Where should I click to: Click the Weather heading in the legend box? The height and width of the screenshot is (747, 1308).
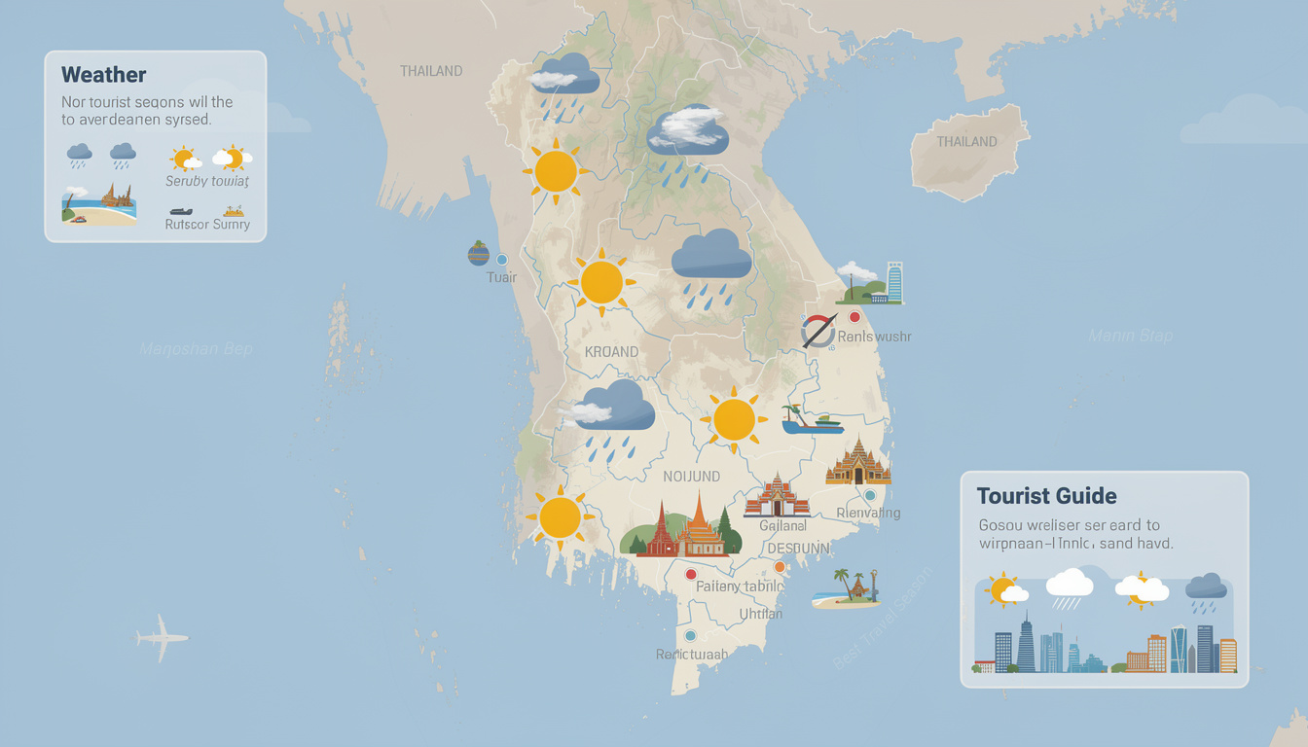point(103,75)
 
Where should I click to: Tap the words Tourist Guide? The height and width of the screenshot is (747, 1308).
point(1046,496)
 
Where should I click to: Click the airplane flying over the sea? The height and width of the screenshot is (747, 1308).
point(162,637)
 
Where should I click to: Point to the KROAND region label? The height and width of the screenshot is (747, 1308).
point(611,351)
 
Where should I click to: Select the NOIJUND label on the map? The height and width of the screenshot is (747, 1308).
point(691,477)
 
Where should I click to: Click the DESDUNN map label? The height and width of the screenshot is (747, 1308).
point(798,549)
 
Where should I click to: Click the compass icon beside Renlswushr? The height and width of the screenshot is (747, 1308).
point(818,332)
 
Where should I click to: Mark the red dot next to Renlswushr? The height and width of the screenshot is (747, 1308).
point(854,317)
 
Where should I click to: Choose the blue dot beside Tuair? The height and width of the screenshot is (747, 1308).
point(502,260)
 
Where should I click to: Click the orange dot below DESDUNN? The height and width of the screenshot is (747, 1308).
point(779,567)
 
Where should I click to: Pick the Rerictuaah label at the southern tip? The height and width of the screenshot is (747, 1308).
point(691,655)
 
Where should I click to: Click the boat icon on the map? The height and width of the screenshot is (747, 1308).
point(813,422)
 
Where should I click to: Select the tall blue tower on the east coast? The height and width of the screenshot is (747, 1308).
point(894,282)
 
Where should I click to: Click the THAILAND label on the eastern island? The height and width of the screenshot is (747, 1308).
point(966,142)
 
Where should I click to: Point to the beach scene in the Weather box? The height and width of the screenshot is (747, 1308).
point(98,205)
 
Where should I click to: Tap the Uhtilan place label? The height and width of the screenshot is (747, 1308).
point(761,615)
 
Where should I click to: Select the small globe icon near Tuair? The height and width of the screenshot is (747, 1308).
point(478,254)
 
